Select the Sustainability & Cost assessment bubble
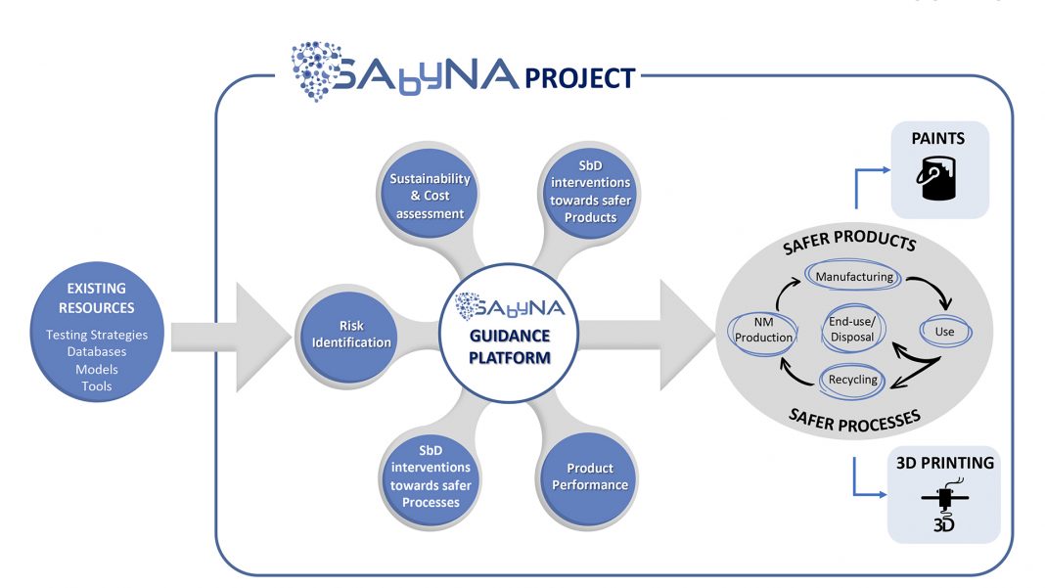pyautogui.click(x=431, y=197)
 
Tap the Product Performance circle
pyautogui.click(x=589, y=476)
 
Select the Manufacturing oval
pyautogui.click(x=853, y=277)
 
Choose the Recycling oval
pyautogui.click(x=853, y=380)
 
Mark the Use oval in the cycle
pyautogui.click(x=944, y=332)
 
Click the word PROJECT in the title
pyautogui.click(x=580, y=77)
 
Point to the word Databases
pyautogui.click(x=97, y=352)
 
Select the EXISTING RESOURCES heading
pyautogui.click(x=97, y=298)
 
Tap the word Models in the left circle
pyautogui.click(x=97, y=370)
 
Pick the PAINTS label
pyautogui.click(x=937, y=139)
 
